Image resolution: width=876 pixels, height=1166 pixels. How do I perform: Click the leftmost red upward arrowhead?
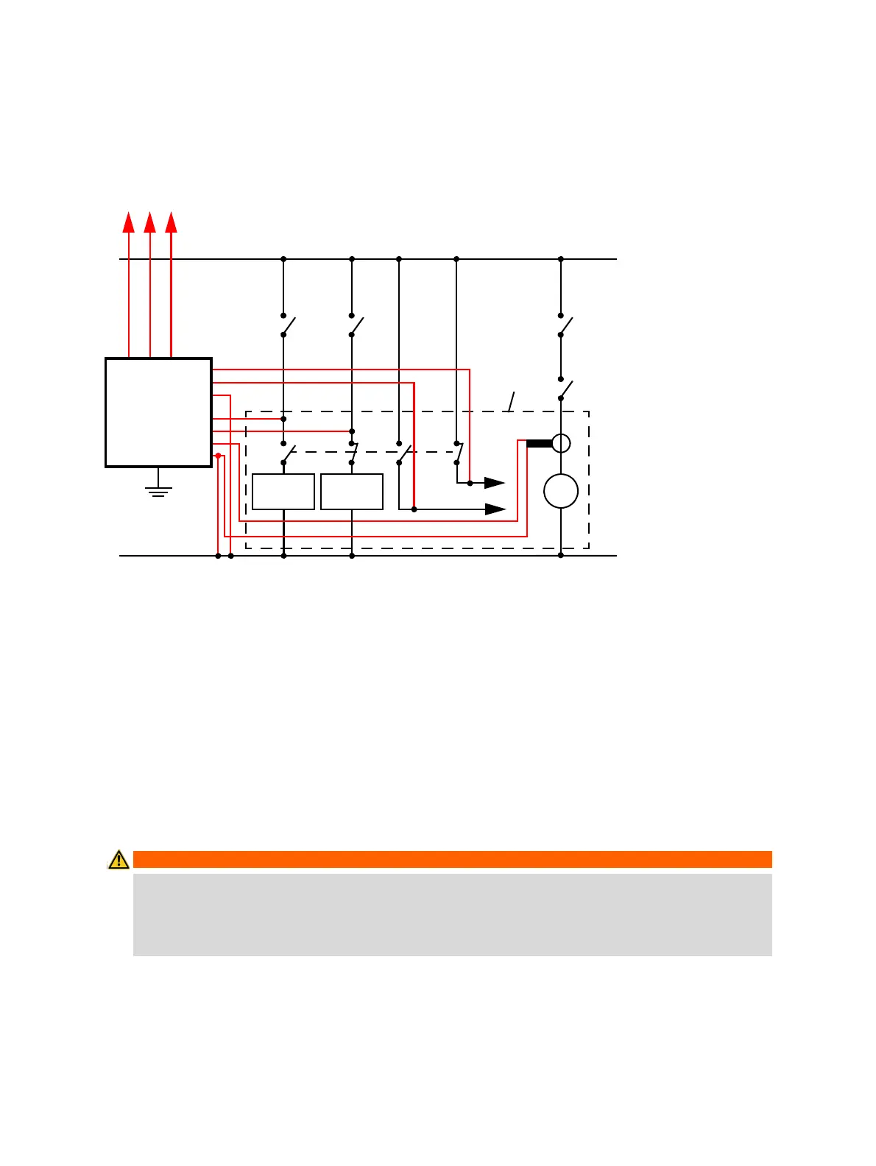coord(129,222)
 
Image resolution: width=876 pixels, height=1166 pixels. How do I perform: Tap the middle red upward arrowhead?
coord(150,222)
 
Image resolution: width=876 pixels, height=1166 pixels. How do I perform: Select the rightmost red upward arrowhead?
coord(172,222)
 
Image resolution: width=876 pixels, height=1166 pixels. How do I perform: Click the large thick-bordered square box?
coord(159,412)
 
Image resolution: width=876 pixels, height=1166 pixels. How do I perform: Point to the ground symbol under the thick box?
coord(158,490)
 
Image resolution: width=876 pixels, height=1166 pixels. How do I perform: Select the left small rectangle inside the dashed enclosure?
coord(283,492)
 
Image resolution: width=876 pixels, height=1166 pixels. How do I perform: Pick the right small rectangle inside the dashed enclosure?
coord(352,492)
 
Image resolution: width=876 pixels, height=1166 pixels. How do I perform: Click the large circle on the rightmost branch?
coord(561,491)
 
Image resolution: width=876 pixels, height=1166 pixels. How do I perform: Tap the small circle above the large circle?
coord(561,443)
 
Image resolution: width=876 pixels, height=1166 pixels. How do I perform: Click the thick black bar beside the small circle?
coord(539,443)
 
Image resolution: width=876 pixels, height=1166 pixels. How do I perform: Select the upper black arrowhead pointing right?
coord(494,483)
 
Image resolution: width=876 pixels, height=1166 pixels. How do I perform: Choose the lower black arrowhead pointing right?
coord(495,509)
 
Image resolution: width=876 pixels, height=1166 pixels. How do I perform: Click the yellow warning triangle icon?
coord(118,859)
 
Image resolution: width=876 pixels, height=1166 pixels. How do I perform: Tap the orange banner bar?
coord(452,859)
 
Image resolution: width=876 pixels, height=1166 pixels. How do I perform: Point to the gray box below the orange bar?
coord(452,914)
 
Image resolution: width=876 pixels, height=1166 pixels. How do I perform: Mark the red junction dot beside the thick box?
coord(218,456)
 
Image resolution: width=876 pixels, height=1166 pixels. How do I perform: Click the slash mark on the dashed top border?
coord(511,402)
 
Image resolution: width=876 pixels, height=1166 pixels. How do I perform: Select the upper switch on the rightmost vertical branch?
coord(564,325)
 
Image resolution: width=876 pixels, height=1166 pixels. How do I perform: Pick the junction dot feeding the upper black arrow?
coord(470,483)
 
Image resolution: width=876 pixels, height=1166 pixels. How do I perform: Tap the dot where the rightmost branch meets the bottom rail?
coord(561,556)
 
